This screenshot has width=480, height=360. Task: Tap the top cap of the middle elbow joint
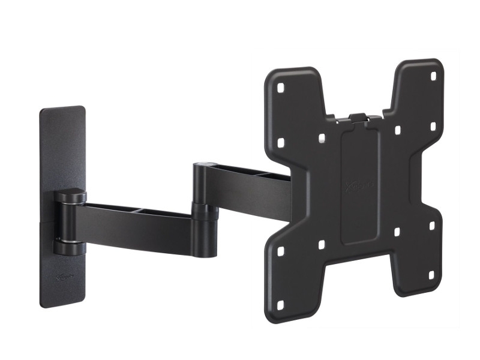click(205, 164)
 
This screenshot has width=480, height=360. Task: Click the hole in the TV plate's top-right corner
click(434, 76)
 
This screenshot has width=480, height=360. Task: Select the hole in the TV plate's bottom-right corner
click(431, 275)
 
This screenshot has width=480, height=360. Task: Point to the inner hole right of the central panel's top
click(397, 128)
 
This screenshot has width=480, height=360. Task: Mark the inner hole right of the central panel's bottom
click(396, 231)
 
